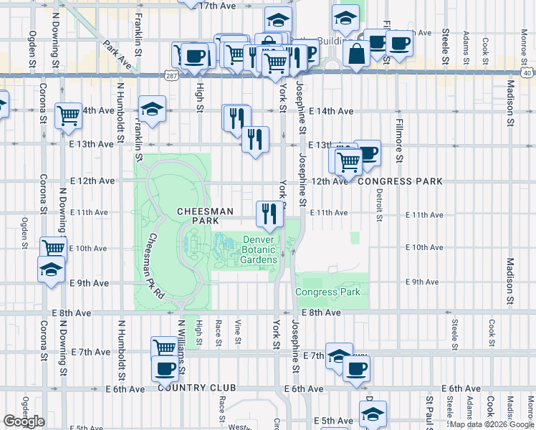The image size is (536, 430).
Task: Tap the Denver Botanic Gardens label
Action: [259, 250]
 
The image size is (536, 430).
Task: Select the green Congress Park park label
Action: [327, 292]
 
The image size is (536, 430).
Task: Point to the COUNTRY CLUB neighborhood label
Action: [191, 388]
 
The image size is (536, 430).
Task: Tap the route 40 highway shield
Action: [526, 73]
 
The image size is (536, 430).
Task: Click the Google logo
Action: [24, 421]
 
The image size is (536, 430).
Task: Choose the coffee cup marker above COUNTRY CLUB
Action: [165, 369]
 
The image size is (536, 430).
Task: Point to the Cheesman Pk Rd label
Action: [155, 266]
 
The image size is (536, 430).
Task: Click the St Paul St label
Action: [430, 411]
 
